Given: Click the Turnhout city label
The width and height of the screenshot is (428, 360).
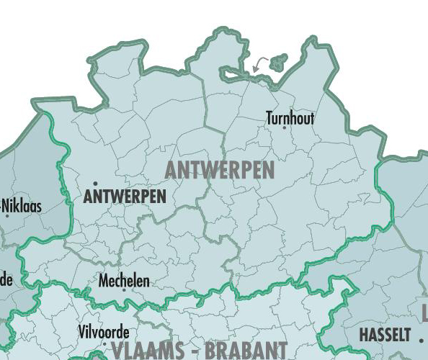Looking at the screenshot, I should (x=290, y=117).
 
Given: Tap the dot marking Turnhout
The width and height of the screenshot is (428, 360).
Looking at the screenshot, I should (x=284, y=128).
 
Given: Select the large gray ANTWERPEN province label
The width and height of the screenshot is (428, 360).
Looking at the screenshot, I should (x=220, y=170).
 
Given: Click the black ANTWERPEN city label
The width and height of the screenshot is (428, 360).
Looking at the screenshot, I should (x=125, y=196).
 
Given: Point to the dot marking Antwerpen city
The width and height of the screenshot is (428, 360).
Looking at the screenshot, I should (x=95, y=184).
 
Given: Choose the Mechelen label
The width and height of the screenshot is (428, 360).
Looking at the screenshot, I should (x=124, y=280).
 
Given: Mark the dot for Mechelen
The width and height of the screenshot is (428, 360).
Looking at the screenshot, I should (x=123, y=290).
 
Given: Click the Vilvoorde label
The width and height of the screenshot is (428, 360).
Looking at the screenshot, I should (x=103, y=332).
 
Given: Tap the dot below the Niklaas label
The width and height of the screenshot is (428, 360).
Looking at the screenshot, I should (x=8, y=215).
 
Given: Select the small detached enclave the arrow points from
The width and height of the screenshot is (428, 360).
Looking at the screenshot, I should (x=278, y=62).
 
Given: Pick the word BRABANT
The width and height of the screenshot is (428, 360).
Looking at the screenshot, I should (x=245, y=351).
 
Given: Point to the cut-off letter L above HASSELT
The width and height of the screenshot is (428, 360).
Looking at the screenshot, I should (x=424, y=313).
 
